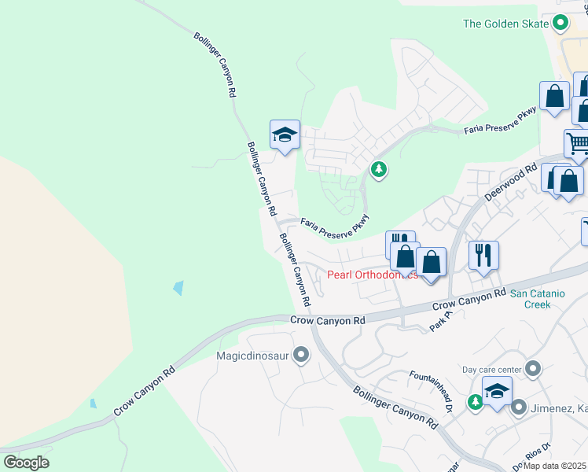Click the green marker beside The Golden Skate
560,24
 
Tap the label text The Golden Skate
505,24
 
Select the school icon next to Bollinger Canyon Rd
285,135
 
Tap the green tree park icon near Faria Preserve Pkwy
379,169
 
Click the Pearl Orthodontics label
372,275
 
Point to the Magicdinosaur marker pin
300,356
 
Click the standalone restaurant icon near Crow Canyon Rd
481,256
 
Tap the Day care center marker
533,369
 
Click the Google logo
26,463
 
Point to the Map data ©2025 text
555,466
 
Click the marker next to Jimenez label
518,407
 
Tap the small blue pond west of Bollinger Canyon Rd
178,287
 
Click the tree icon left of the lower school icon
475,402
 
